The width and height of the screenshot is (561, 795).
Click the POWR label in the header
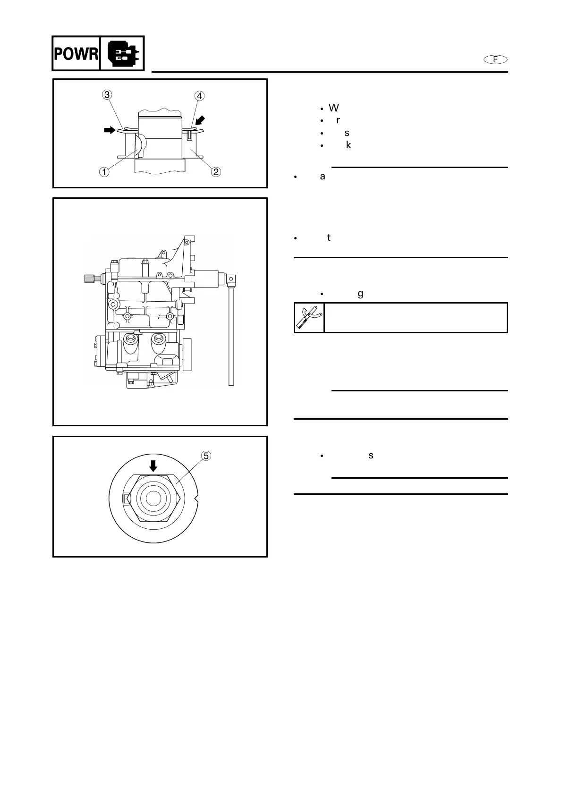point(76,54)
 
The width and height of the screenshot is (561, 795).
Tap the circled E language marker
point(495,59)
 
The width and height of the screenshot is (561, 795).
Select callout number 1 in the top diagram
point(104,171)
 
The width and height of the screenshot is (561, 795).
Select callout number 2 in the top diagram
point(216,171)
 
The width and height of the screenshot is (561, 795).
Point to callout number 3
point(107,95)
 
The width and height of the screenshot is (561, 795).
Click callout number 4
point(200,96)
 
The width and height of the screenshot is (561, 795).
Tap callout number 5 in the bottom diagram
point(206,456)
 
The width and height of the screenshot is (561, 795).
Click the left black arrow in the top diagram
point(110,130)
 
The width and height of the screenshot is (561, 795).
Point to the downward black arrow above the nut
point(153,466)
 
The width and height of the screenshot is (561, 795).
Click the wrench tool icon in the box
point(309,318)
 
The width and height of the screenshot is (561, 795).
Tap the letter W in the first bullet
point(333,108)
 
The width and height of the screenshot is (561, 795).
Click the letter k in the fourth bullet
point(348,145)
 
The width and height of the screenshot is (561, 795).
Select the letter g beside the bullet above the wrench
point(361,294)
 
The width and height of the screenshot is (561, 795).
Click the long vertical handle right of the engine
point(231,335)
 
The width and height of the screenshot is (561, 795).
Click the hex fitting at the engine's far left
point(90,279)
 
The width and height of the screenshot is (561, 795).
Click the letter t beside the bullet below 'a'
point(329,238)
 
